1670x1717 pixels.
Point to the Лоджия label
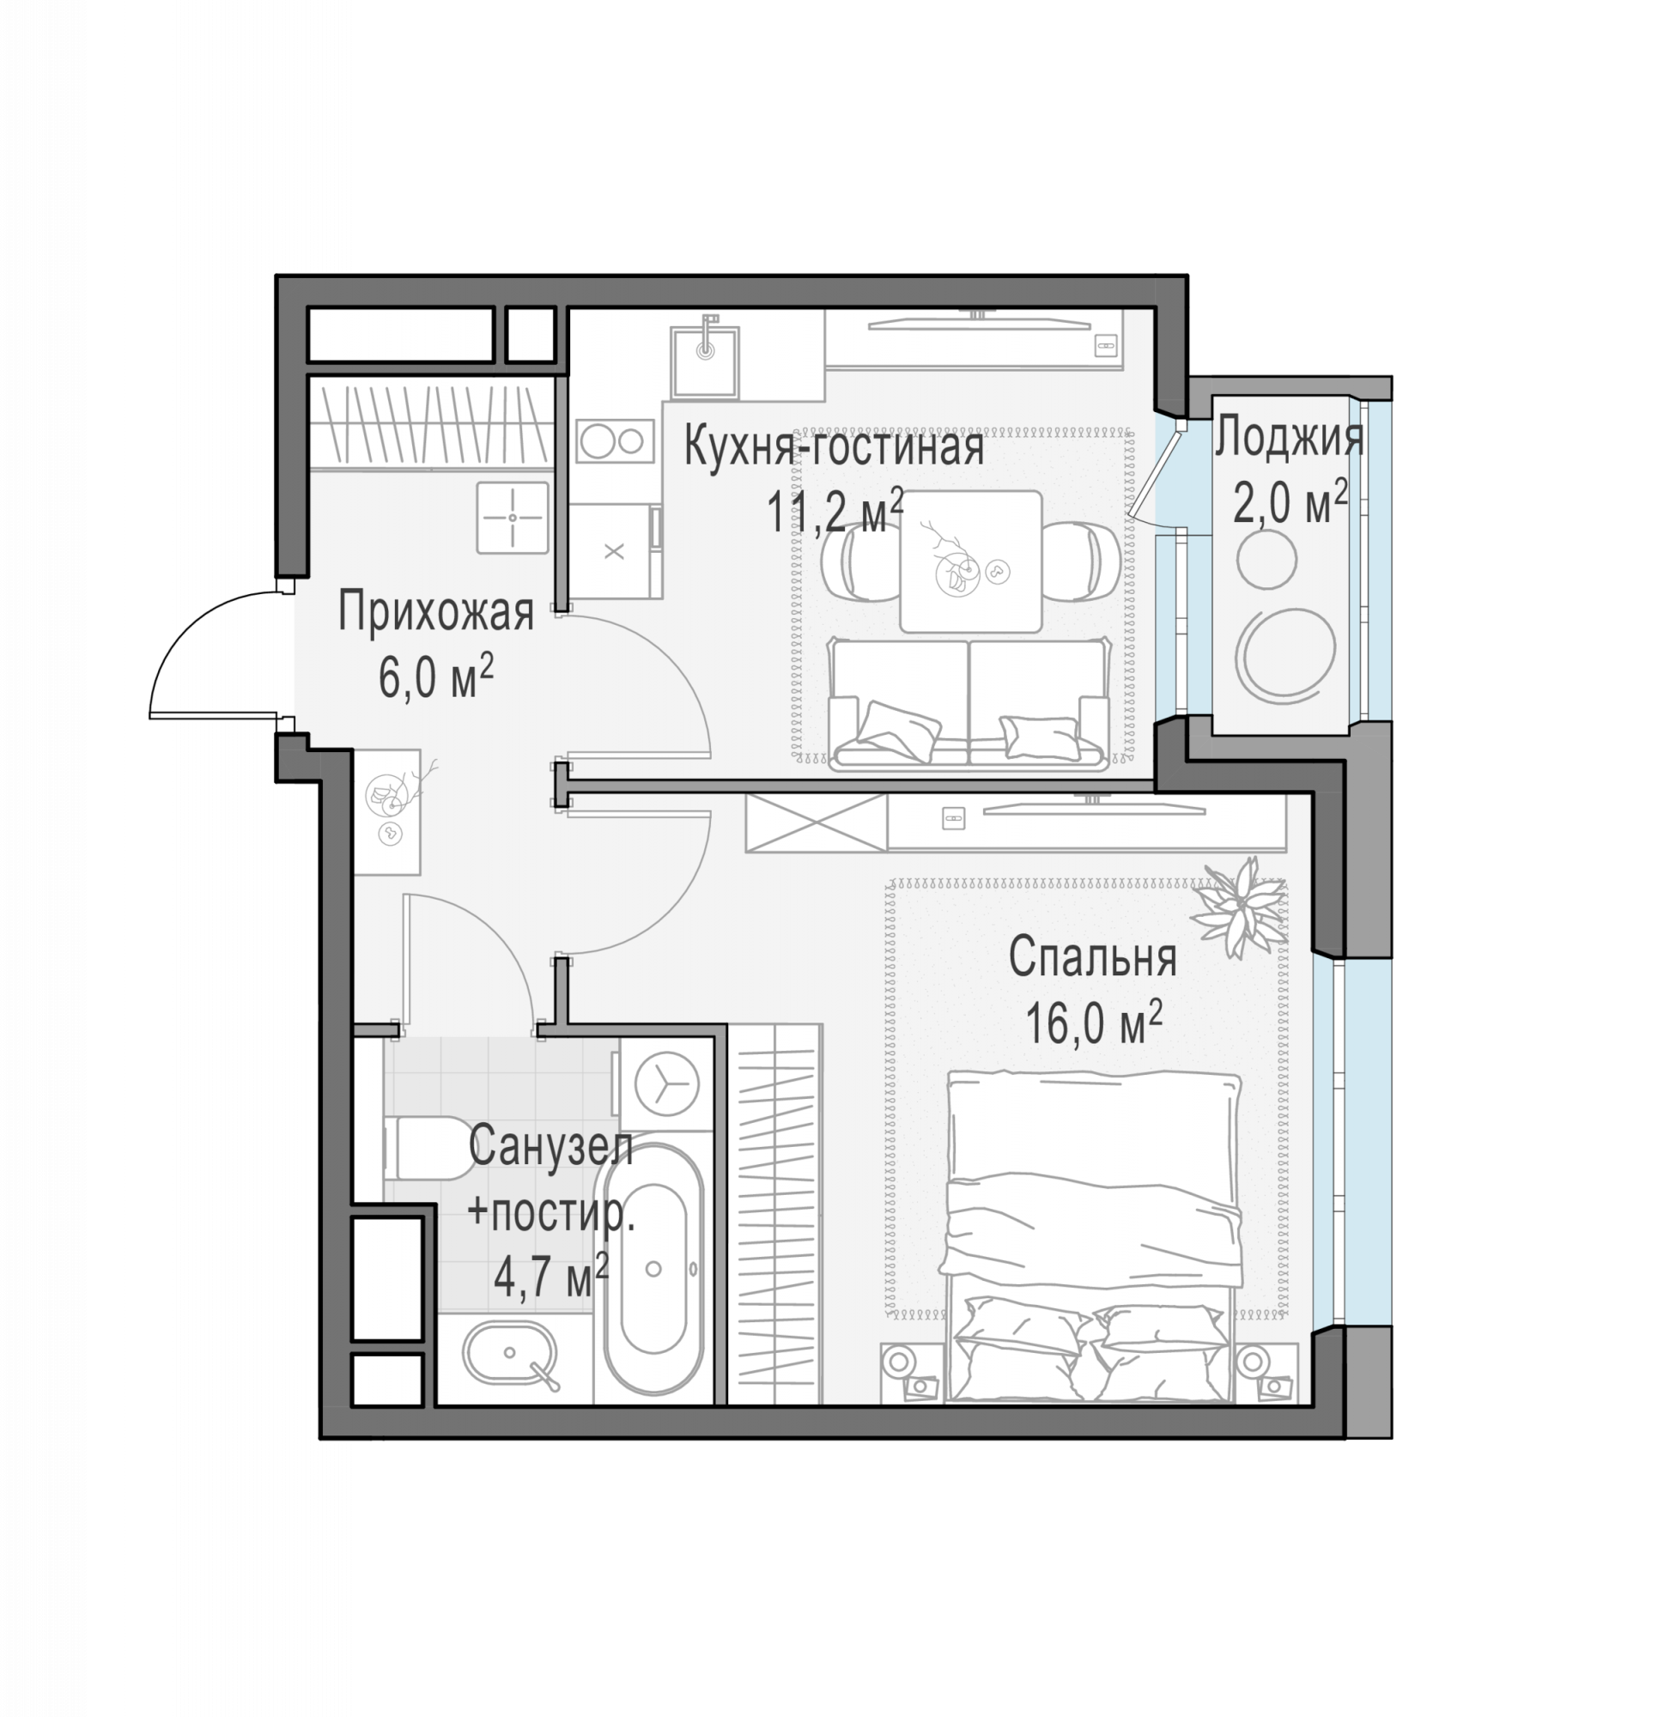pyautogui.click(x=1289, y=438)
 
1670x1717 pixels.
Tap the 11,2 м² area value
pyautogui.click(x=835, y=512)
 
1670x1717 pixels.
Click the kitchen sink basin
pyautogui.click(x=705, y=361)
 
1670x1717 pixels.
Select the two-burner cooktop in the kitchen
pyautogui.click(x=615, y=441)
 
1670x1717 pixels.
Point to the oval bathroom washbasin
pyautogui.click(x=510, y=1353)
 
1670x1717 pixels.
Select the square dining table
pyautogui.click(x=971, y=561)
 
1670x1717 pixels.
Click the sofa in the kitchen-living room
pyautogui.click(x=969, y=705)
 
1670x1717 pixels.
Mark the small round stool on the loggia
pyautogui.click(x=1266, y=559)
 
